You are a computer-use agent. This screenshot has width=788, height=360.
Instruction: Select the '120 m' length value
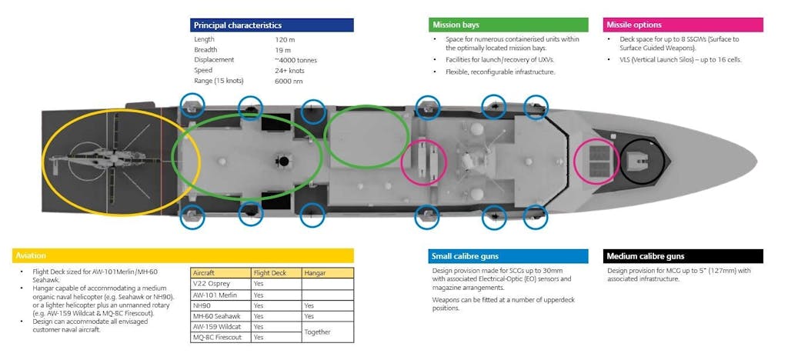[x=285, y=39]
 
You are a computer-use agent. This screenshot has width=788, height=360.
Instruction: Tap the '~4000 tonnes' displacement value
[x=295, y=60]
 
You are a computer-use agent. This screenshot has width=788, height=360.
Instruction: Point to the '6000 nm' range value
[x=289, y=81]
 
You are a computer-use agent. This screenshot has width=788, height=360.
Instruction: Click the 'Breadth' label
[x=205, y=49]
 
